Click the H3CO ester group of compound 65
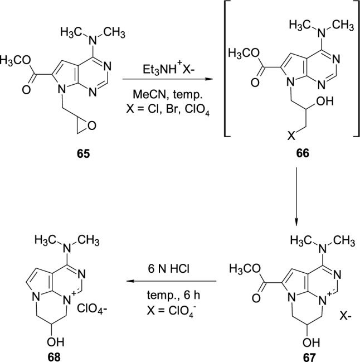click(15, 59)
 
